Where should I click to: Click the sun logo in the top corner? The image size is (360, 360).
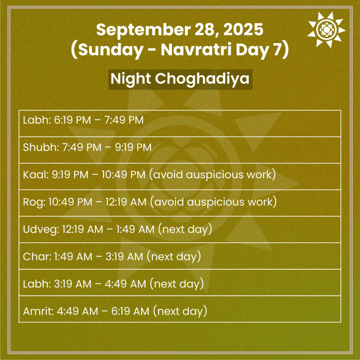pos(326,29)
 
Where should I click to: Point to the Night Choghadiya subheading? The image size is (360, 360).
pos(180,79)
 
